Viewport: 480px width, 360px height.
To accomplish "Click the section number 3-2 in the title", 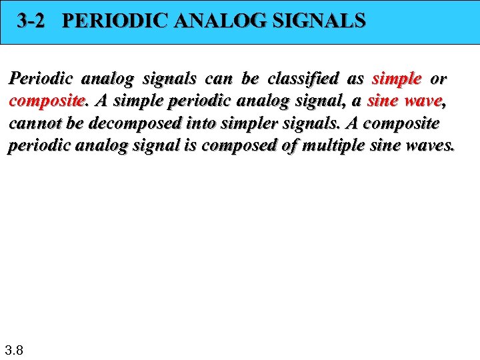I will (31, 21).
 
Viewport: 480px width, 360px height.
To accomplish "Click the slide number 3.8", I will (14, 349).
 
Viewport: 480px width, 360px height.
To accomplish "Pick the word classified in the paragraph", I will (304, 79).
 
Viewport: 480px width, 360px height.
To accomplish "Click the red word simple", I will (397, 79).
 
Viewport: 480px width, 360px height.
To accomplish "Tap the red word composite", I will (47, 101).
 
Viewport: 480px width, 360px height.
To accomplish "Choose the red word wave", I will (422, 101).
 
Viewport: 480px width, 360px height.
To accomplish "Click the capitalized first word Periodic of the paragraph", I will (40, 79).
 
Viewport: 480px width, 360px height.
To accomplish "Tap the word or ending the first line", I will (438, 79).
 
